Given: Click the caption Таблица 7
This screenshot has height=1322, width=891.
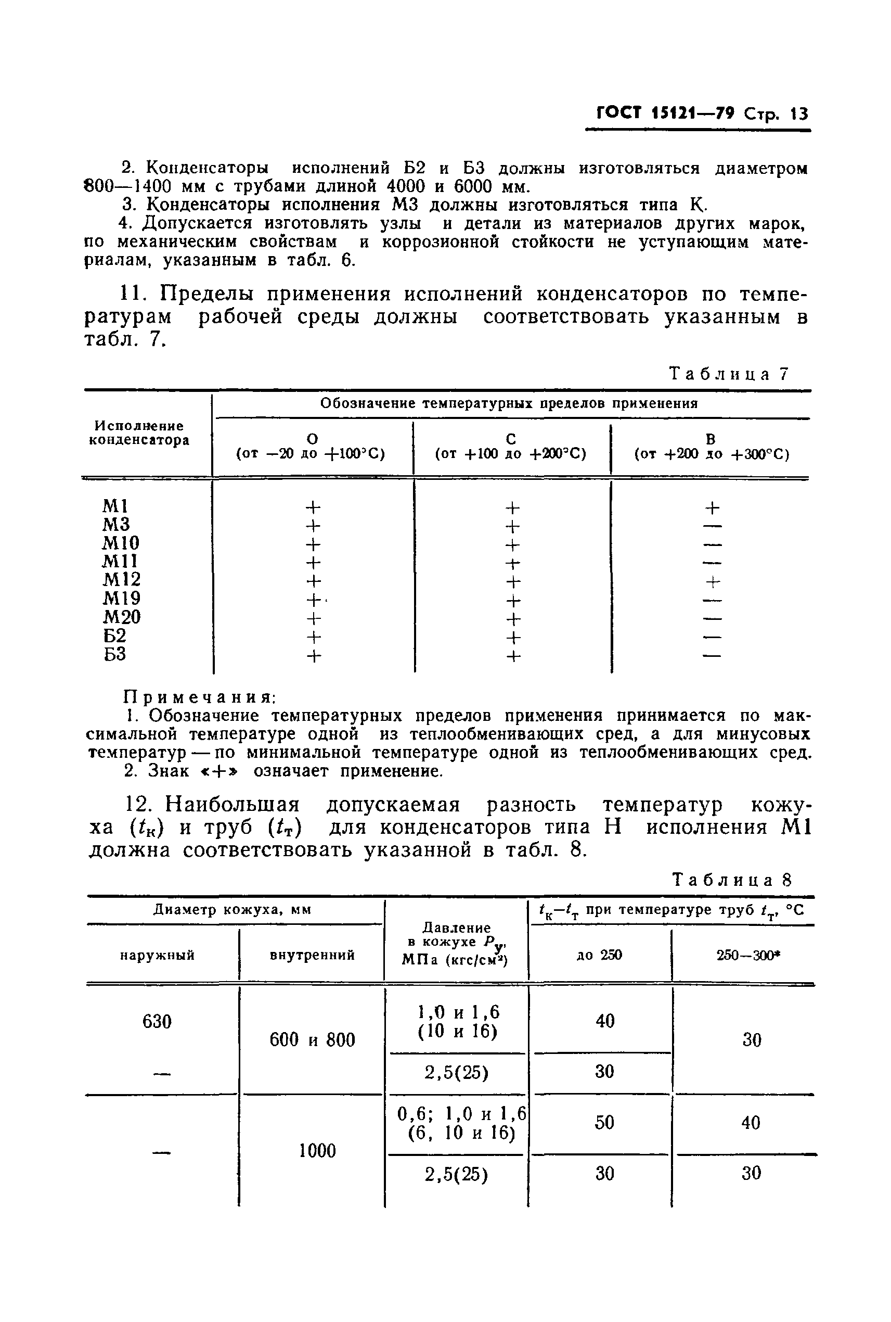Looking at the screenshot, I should click(x=729, y=374).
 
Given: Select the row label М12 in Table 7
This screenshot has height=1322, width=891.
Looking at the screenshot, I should click(x=122, y=579).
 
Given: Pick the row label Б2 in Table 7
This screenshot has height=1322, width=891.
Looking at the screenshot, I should click(x=115, y=635).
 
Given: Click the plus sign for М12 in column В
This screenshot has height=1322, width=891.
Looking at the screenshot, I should click(x=713, y=582).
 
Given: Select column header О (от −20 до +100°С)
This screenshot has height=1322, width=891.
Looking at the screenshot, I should click(x=311, y=447).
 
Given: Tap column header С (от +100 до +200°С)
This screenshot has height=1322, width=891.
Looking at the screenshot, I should click(x=511, y=447).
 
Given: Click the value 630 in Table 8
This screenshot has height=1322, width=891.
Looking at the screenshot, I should click(x=157, y=1022).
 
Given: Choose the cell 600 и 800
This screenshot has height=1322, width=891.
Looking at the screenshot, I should click(x=312, y=1040).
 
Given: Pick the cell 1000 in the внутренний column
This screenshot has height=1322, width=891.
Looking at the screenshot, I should click(x=317, y=1151).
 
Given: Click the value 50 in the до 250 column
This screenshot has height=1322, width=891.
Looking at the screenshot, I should click(x=604, y=1123).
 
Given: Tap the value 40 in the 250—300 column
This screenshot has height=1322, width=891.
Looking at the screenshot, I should click(x=751, y=1123).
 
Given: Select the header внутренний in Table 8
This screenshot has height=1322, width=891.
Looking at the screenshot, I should click(x=312, y=955).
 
